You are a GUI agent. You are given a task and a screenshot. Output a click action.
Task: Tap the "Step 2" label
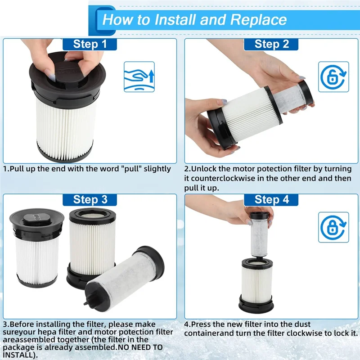click(x=272, y=44)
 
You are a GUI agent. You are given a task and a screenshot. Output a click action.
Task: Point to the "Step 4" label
click(x=272, y=200)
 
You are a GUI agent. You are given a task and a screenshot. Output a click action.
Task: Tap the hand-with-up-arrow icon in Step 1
click(x=139, y=77)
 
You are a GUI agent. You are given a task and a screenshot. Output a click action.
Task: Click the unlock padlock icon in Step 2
click(x=333, y=77)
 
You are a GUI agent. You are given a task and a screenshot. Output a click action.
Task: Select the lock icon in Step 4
click(x=333, y=227)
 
